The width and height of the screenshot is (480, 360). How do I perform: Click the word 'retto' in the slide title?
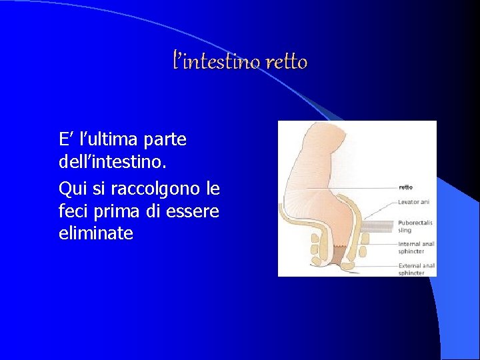click(286, 63)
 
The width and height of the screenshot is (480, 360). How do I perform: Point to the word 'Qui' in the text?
click(73, 188)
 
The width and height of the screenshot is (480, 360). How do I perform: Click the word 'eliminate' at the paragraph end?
click(96, 234)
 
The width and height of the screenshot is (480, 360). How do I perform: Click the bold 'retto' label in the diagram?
click(406, 187)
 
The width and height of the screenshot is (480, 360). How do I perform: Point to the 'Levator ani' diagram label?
click(414, 201)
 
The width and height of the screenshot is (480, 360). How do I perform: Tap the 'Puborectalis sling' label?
click(416, 227)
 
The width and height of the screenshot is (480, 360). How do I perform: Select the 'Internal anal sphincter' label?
click(416, 247)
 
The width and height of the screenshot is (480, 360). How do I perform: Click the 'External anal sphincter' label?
click(416, 269)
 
